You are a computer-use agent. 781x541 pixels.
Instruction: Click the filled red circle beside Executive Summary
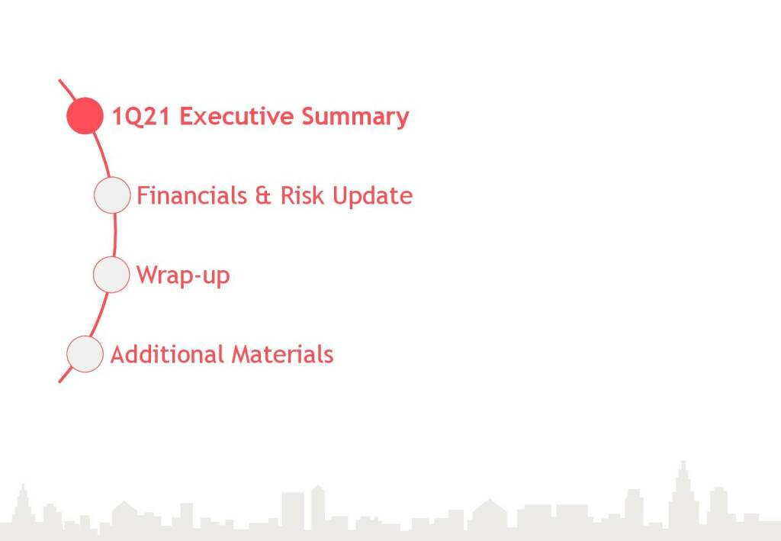coord(85,115)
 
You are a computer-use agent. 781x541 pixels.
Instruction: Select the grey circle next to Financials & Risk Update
coord(112,195)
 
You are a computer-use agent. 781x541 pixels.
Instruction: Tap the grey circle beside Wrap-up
coord(111,275)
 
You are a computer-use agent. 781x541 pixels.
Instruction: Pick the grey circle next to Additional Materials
coord(85,354)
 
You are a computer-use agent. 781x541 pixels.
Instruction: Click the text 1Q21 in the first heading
coord(141,117)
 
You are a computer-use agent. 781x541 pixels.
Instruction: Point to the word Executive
coord(236,116)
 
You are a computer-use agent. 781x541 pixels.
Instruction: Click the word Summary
coord(355,117)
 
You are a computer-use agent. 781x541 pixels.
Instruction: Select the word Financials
coord(191,195)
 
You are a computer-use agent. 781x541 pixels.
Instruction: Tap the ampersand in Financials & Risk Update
coord(263,196)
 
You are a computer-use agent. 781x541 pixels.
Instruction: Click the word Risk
coord(302,195)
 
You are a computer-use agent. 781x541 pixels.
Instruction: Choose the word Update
coord(372,196)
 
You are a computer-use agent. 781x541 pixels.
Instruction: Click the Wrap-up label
coord(183,275)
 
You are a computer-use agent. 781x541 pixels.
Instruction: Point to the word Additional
coord(167,355)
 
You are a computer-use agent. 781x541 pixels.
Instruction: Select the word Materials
coord(282,355)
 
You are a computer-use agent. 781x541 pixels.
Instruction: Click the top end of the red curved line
coord(59,79)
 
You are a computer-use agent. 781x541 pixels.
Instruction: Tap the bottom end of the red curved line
coord(59,382)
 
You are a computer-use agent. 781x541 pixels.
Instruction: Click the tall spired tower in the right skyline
coord(683,493)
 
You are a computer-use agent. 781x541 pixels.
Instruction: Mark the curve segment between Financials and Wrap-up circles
coord(115,234)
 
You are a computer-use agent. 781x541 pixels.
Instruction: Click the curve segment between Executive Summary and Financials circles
coord(101,154)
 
